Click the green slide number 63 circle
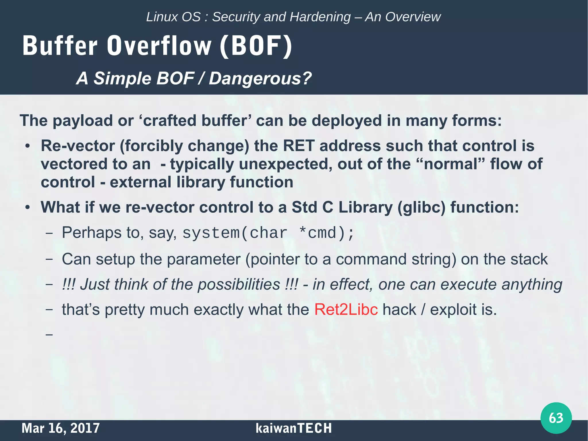coord(556,418)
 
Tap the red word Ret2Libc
coord(346,310)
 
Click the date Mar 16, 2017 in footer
coord(61,428)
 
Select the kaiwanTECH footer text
coord(293,428)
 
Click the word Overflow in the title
coord(159,46)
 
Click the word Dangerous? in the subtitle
coord(260,78)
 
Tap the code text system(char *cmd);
coord(268,233)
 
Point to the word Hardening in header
coord(320,17)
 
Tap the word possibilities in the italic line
coord(239,284)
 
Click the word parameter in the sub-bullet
coord(204,259)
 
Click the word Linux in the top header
coord(158,17)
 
